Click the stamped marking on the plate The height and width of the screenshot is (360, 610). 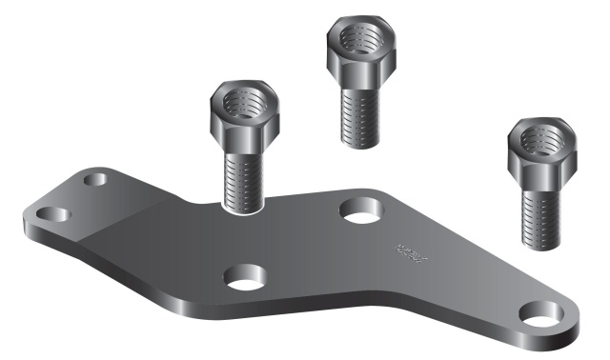point(413,251)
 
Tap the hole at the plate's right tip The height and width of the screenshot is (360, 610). point(540,311)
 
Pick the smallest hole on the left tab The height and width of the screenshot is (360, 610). point(95,179)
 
